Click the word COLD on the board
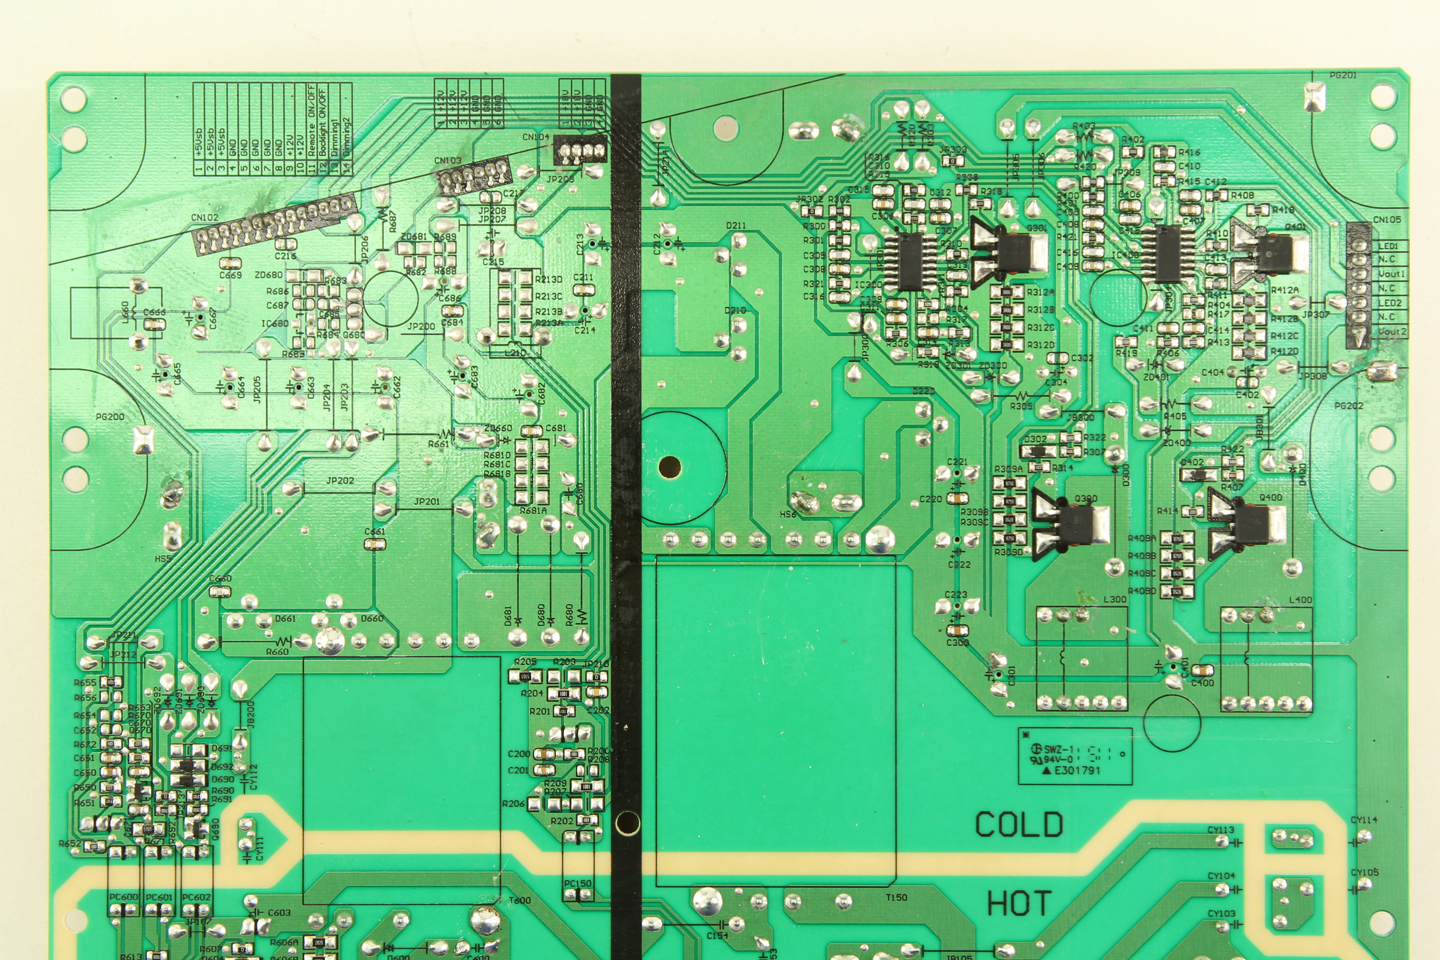[1019, 824]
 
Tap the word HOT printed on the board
[1019, 904]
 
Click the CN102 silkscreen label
[204, 217]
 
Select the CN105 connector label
[1387, 219]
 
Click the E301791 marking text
[1078, 770]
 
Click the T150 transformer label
[896, 898]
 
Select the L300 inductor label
[1114, 600]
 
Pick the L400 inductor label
[1300, 600]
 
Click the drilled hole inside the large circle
[670, 468]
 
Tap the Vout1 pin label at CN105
[1392, 274]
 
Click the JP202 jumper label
[340, 480]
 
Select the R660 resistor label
[277, 652]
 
